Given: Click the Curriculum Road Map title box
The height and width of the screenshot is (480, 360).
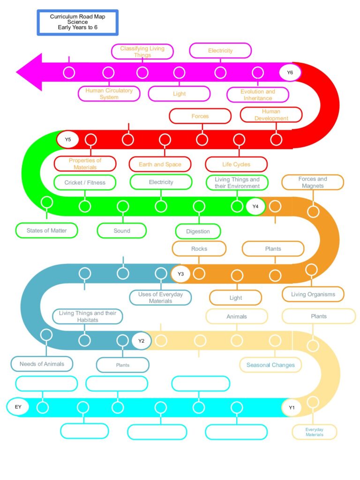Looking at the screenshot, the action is pyautogui.click(x=77, y=22).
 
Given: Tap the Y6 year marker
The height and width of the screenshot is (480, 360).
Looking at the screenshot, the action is pyautogui.click(x=290, y=73).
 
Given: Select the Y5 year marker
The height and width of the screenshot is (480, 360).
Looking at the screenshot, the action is pyautogui.click(x=67, y=140).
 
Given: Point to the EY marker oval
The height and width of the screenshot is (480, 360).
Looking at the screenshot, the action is pyautogui.click(x=18, y=406).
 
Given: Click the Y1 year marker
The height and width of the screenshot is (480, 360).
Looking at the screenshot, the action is pyautogui.click(x=292, y=407).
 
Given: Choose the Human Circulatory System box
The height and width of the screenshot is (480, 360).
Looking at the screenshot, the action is pyautogui.click(x=109, y=94).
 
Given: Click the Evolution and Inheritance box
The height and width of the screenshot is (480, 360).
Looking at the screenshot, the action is pyautogui.click(x=258, y=95).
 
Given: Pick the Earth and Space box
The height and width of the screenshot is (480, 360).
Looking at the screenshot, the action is pyautogui.click(x=160, y=165).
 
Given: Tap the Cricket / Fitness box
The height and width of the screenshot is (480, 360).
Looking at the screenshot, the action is pyautogui.click(x=85, y=182).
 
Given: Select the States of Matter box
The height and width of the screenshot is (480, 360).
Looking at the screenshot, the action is pyautogui.click(x=46, y=231).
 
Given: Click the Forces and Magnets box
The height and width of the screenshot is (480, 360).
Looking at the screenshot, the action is pyautogui.click(x=313, y=182).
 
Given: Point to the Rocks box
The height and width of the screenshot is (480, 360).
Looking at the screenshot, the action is pyautogui.click(x=199, y=248).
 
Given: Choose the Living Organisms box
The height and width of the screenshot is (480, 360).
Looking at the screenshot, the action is pyautogui.click(x=313, y=294).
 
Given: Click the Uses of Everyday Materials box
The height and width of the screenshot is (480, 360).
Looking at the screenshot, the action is pyautogui.click(x=160, y=298).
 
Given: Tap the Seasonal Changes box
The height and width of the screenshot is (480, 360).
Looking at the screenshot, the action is pyautogui.click(x=270, y=365).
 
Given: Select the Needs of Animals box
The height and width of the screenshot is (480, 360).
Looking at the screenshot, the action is pyautogui.click(x=42, y=364).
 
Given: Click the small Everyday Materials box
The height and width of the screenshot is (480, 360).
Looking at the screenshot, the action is pyautogui.click(x=315, y=432).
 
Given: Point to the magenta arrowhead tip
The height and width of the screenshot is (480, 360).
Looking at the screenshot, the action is pyautogui.click(x=16, y=72).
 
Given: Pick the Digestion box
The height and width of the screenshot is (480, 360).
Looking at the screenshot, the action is pyautogui.click(x=198, y=232).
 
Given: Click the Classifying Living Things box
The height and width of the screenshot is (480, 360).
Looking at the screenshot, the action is pyautogui.click(x=142, y=52).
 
